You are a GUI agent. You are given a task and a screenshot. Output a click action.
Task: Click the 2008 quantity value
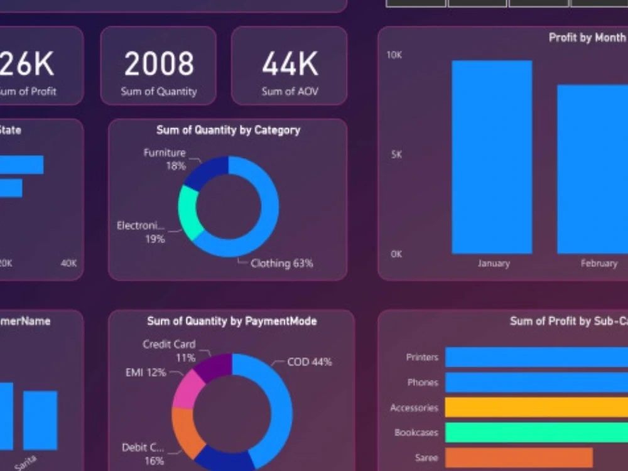[159, 64]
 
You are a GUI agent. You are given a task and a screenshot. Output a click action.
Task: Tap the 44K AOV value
[290, 64]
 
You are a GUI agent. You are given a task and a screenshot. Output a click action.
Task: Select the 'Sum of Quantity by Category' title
[228, 130]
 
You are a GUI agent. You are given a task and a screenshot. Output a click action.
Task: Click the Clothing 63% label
[281, 263]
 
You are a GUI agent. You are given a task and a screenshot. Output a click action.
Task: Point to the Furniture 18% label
[165, 159]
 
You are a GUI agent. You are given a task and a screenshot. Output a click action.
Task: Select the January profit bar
[492, 157]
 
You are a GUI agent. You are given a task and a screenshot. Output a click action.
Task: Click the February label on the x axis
[598, 263]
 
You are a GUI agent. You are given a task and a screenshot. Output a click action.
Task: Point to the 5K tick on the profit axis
[396, 154]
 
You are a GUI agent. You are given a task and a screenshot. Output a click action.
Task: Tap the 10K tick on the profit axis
[394, 55]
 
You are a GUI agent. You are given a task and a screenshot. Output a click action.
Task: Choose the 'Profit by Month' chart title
[587, 38]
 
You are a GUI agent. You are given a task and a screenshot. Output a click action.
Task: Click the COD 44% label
[309, 362]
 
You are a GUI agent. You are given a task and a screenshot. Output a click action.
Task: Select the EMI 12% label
[146, 372]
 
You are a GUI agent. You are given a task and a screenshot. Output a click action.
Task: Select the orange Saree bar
[519, 458]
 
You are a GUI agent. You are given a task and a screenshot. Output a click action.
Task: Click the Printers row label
[422, 357]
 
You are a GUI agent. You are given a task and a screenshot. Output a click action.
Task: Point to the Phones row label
[423, 382]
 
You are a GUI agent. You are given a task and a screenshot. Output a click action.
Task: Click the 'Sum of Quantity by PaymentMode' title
[232, 321]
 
